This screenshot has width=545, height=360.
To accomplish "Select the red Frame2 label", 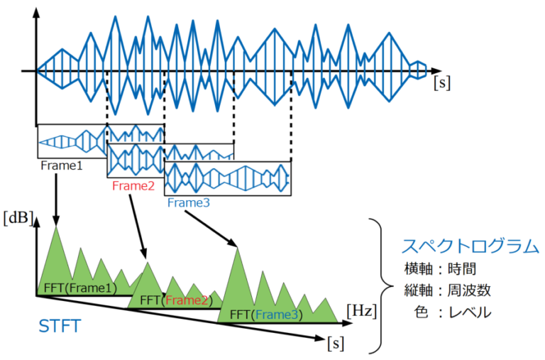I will pyautogui.click(x=133, y=185).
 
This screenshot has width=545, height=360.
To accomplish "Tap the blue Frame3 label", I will pyautogui.click(x=189, y=203).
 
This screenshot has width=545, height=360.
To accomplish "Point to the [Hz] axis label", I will pyautogui.click(x=361, y=310).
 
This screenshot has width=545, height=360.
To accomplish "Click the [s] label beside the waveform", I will pyautogui.click(x=441, y=82).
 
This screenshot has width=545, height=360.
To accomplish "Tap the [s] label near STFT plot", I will pyautogui.click(x=335, y=344).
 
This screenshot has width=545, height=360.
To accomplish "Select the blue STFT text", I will pyautogui.click(x=59, y=327).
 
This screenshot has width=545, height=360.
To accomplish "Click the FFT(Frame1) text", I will pyautogui.click(x=79, y=288).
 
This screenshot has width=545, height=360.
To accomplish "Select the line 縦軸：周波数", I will pyautogui.click(x=451, y=290).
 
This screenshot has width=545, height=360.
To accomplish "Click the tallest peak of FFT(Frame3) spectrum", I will pyautogui.click(x=237, y=249).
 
